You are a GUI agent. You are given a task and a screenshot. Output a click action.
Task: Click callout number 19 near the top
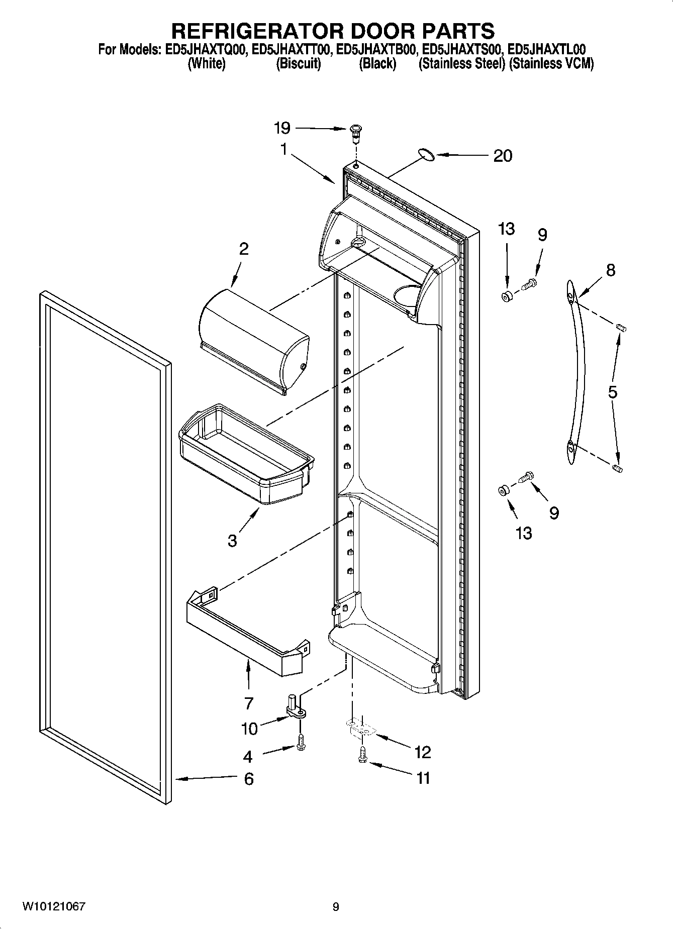[x=282, y=128]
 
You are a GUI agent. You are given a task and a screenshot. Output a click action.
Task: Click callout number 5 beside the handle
[x=612, y=391]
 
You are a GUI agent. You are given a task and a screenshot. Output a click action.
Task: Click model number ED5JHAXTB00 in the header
[x=376, y=50]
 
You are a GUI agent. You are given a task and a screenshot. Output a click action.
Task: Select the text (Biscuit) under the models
[x=299, y=64]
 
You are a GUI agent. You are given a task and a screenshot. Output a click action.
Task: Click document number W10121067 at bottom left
[x=53, y=906]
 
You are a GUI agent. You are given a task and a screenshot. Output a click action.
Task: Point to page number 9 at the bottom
[x=336, y=907]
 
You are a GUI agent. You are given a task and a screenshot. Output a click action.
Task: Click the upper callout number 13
[x=506, y=229]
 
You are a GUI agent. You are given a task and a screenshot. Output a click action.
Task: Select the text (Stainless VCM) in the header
[x=551, y=64]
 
